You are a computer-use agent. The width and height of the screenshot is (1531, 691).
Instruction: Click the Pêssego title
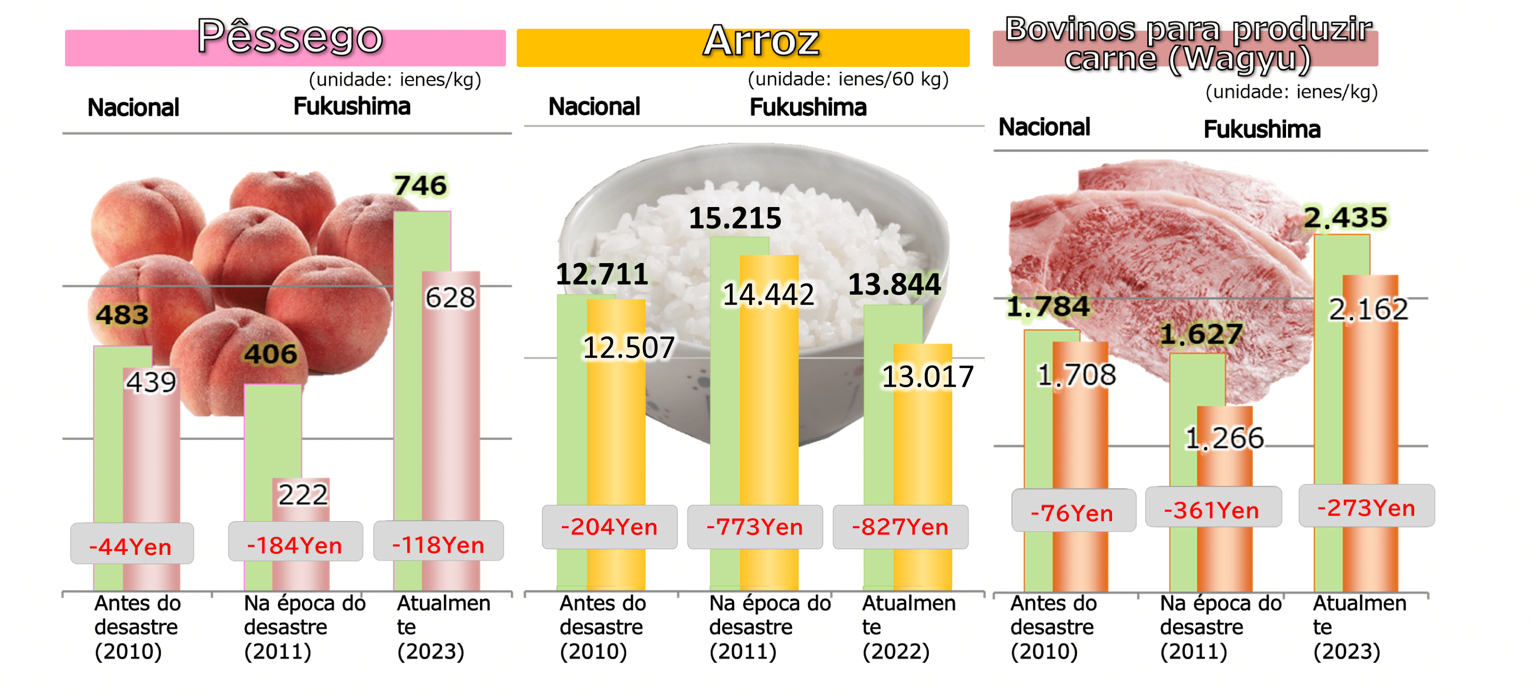[290, 37]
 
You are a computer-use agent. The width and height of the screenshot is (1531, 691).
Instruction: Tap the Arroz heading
[761, 42]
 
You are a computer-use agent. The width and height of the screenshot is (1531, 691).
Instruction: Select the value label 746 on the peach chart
[420, 186]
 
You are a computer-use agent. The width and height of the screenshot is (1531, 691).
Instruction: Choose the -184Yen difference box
[295, 544]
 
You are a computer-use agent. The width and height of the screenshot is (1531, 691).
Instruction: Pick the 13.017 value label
[927, 377]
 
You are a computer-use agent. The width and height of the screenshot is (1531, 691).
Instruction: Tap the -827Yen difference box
[900, 527]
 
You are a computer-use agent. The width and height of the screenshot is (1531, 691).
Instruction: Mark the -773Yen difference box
[755, 527]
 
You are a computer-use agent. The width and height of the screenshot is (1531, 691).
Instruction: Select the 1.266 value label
[1224, 439]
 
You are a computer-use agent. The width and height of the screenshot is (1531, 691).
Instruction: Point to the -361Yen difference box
[1212, 509]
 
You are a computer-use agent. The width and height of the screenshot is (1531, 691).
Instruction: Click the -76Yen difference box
[1072, 512]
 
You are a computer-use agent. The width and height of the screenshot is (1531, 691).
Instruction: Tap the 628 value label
[451, 298]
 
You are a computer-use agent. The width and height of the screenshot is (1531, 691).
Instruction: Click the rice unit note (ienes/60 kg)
[848, 79]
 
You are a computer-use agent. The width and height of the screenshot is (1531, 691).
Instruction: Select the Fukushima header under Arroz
[808, 108]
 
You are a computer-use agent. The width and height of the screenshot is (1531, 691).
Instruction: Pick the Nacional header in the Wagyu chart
[1044, 127]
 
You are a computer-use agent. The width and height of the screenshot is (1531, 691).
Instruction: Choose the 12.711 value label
[602, 274]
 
